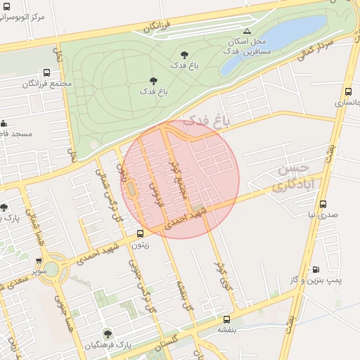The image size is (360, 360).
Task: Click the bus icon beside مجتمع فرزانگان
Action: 46,72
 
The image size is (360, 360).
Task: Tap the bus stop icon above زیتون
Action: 140,233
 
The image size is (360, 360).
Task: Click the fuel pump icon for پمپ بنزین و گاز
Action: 315,269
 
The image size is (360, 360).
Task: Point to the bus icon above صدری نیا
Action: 323,204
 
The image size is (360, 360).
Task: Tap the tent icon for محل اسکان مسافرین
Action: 246,31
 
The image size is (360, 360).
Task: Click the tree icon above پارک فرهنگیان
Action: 108,334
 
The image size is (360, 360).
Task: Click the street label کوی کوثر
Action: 222,275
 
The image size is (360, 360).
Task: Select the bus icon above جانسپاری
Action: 348,91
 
